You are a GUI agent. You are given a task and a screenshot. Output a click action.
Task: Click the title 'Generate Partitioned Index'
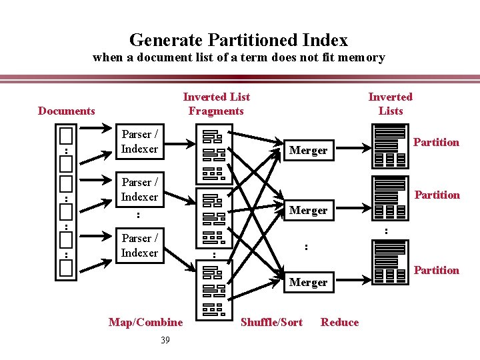click(x=239, y=40)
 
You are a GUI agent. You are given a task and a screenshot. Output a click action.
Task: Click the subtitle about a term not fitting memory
click(x=239, y=57)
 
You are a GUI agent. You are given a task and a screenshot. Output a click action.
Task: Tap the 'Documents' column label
click(x=67, y=111)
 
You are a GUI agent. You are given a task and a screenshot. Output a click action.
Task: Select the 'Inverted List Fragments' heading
click(x=216, y=104)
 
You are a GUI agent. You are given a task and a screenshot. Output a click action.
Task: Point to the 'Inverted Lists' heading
click(x=391, y=104)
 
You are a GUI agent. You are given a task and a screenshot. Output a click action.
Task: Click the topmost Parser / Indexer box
click(x=139, y=142)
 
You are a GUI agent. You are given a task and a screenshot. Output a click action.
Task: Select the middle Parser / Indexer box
click(x=139, y=189)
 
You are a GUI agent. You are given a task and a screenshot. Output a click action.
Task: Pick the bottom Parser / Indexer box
click(x=139, y=245)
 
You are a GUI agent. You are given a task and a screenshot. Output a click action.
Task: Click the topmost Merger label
click(x=308, y=151)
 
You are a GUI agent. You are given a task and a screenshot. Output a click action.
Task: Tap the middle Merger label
click(x=308, y=211)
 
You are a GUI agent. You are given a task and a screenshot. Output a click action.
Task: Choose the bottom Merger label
click(x=308, y=283)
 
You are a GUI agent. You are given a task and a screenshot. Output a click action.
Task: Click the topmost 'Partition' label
click(x=436, y=142)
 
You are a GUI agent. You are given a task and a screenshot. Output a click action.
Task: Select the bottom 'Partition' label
click(x=436, y=270)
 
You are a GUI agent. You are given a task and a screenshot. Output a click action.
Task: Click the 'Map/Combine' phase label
click(x=145, y=323)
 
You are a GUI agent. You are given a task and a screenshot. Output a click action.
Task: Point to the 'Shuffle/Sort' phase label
click(x=271, y=323)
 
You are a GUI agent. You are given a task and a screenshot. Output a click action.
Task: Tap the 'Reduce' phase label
click(x=339, y=323)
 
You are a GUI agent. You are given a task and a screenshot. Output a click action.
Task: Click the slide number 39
click(x=165, y=341)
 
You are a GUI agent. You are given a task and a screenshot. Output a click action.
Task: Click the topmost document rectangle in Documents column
click(x=65, y=135)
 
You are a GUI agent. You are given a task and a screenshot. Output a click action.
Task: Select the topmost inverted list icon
click(x=391, y=145)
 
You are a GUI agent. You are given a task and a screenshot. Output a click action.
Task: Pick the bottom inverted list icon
click(x=391, y=262)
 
